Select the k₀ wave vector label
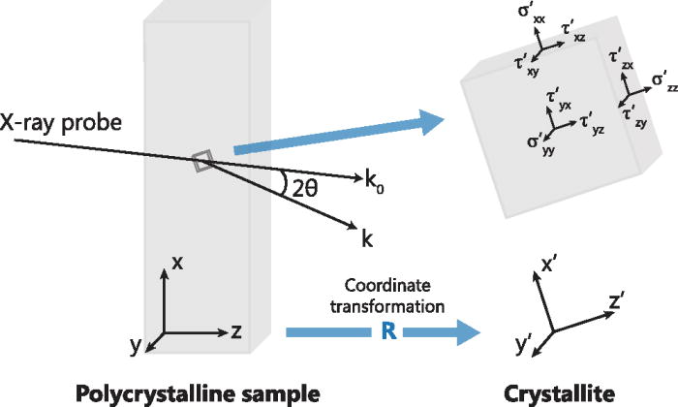pyautogui.click(x=372, y=180)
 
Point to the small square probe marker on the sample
pyautogui.click(x=200, y=162)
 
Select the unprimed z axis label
pyautogui.click(x=235, y=331)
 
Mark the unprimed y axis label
pyautogui.click(x=135, y=346)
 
